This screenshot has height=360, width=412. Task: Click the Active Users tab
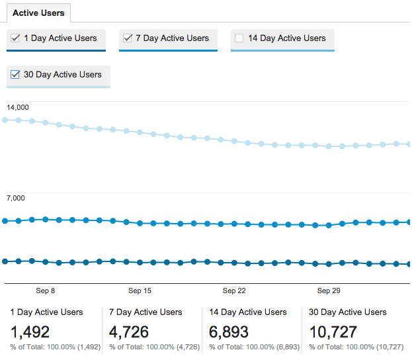(39, 13)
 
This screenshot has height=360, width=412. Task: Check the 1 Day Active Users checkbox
(15, 38)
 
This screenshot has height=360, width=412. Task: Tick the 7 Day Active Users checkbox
(128, 38)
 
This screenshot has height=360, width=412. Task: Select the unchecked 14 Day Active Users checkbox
(239, 38)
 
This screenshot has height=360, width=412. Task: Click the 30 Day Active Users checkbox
(15, 75)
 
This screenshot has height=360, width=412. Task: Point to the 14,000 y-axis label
(18, 107)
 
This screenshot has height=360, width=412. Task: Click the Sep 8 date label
(45, 291)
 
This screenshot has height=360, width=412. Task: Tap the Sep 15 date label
(140, 291)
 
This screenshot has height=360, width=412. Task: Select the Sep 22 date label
(234, 291)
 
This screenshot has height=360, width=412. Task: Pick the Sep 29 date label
(329, 291)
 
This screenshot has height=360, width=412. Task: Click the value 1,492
(30, 332)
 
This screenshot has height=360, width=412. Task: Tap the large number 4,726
(129, 332)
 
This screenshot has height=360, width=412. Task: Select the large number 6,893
(228, 332)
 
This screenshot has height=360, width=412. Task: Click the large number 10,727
(333, 332)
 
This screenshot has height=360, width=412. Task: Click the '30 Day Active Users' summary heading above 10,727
(348, 312)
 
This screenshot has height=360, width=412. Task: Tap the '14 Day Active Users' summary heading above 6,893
(248, 312)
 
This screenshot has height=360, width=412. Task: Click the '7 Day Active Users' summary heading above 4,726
(145, 312)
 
